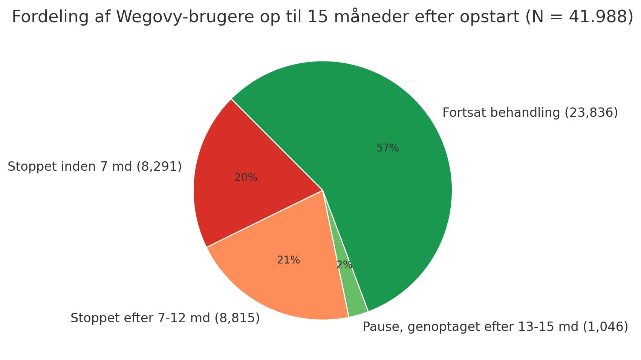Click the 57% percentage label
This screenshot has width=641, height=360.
coord(387,148)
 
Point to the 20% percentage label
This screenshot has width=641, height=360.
coord(246,178)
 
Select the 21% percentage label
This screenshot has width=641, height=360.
coord(288,260)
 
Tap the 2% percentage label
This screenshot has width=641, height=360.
coord(344,265)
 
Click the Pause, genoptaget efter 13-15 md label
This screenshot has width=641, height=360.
coord(495,327)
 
